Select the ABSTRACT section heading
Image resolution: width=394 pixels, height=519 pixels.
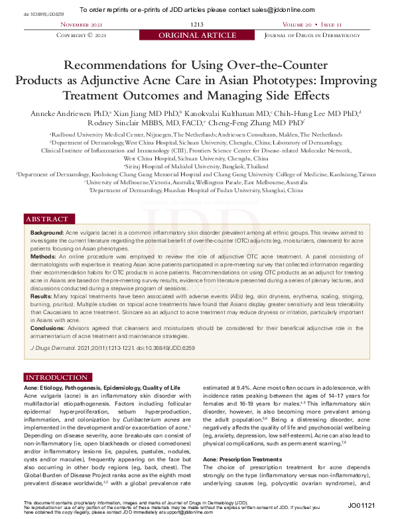pos(46,219)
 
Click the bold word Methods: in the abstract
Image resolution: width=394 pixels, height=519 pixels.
pos(44,255)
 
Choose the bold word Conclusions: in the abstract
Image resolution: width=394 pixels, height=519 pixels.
pos(50,327)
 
